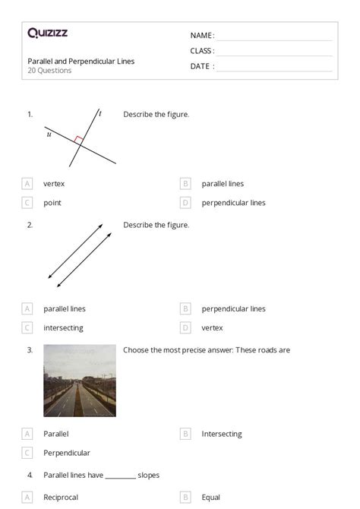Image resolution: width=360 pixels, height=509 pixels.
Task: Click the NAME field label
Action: (x=201, y=36)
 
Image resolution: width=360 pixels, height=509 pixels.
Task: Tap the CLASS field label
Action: (x=202, y=51)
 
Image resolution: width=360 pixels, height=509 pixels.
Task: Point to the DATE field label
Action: (x=201, y=66)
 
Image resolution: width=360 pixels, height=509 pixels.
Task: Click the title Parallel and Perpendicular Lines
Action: (x=81, y=61)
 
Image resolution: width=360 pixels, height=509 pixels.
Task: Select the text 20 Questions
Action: (x=49, y=71)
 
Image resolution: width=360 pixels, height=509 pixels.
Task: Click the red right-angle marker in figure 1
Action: (x=78, y=139)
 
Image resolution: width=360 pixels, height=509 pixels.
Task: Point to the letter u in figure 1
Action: (x=49, y=134)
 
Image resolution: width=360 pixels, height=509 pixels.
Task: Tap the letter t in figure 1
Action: (x=99, y=114)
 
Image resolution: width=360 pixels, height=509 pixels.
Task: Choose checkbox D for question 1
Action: (x=185, y=203)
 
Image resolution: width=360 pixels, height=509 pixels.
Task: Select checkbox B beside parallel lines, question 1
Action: (x=185, y=184)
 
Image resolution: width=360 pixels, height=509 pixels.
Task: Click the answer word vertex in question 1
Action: (x=53, y=184)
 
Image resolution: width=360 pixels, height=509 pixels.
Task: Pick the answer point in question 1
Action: (x=52, y=203)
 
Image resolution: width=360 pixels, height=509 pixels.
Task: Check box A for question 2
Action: (x=27, y=309)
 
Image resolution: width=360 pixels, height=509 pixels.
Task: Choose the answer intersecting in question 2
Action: (x=63, y=328)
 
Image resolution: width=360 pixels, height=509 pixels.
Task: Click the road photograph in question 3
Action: (x=80, y=381)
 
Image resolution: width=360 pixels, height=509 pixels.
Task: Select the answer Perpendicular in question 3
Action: (x=67, y=453)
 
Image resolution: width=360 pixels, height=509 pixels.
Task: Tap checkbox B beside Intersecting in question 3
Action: (x=185, y=434)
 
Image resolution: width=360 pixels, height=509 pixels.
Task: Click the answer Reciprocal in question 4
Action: (x=61, y=498)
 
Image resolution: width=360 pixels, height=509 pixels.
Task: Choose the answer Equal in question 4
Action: (x=210, y=498)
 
